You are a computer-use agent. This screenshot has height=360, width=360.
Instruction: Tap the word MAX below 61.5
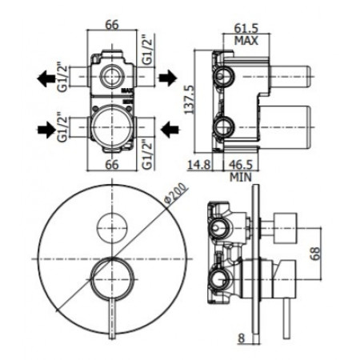click(245, 41)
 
